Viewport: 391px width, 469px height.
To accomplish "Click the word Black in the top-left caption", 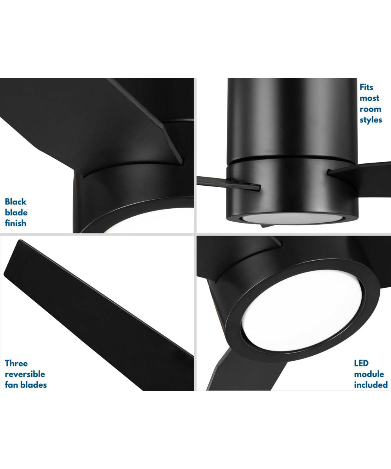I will click(16, 202).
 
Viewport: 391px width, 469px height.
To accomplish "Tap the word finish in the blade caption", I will click(16, 223).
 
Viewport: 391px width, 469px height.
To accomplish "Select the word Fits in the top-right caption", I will click(367, 88).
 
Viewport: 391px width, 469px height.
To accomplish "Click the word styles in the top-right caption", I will click(371, 120).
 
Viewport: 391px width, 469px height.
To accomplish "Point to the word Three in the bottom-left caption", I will click(16, 363).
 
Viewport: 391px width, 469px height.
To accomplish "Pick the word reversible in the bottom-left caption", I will click(25, 374).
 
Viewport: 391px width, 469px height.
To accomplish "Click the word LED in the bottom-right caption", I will click(361, 363).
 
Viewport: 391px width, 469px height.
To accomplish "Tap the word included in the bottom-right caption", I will click(371, 385).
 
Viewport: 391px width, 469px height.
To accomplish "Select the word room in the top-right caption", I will click(370, 109).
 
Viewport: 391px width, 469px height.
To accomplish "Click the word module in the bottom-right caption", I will click(369, 374).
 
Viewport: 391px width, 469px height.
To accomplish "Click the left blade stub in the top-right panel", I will click(227, 183).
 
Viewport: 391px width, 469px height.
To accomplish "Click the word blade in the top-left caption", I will click(16, 213).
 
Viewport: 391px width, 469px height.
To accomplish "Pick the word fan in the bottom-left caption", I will click(12, 385).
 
